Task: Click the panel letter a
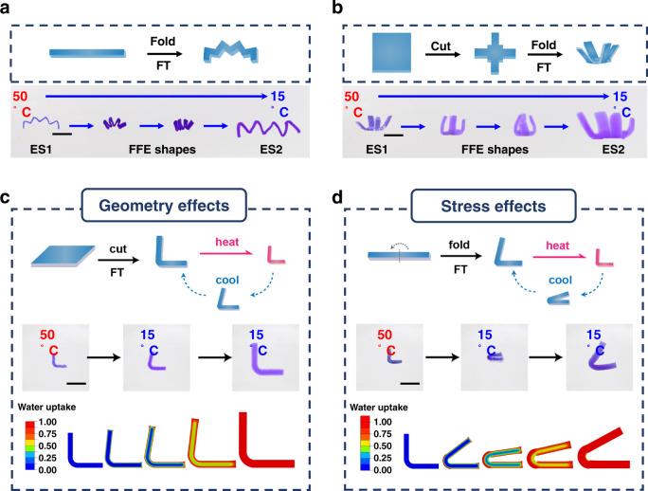coord(8,9)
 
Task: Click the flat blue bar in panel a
coord(85,53)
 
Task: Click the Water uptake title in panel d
coord(383,406)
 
